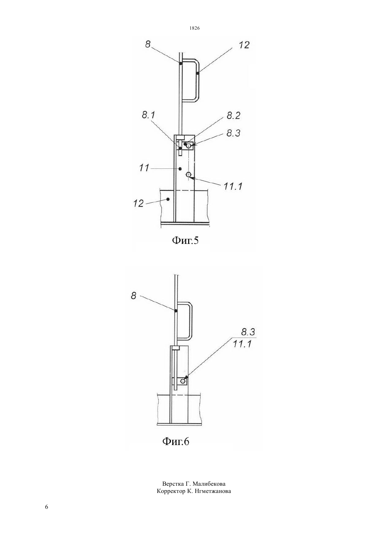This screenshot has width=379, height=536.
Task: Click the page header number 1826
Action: point(195,28)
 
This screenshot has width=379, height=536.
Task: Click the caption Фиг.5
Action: point(185,240)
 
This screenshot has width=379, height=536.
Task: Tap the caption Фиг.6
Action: point(176,442)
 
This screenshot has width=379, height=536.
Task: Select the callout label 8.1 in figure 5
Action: point(148,115)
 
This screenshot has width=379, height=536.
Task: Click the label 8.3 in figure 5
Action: point(233,133)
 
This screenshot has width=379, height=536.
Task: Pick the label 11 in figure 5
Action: point(144,168)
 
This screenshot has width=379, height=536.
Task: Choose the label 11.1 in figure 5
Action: point(233,186)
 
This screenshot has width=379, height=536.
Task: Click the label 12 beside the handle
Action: point(244,45)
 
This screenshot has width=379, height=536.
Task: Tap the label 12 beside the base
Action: point(138,203)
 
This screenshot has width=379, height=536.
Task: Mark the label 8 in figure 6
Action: point(134,296)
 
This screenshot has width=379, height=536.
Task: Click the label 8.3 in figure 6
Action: point(248,332)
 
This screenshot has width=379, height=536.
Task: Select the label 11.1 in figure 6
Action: point(242,344)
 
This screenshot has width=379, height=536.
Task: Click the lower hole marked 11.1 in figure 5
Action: point(189,174)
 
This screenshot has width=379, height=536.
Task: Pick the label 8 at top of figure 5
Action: point(148,44)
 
